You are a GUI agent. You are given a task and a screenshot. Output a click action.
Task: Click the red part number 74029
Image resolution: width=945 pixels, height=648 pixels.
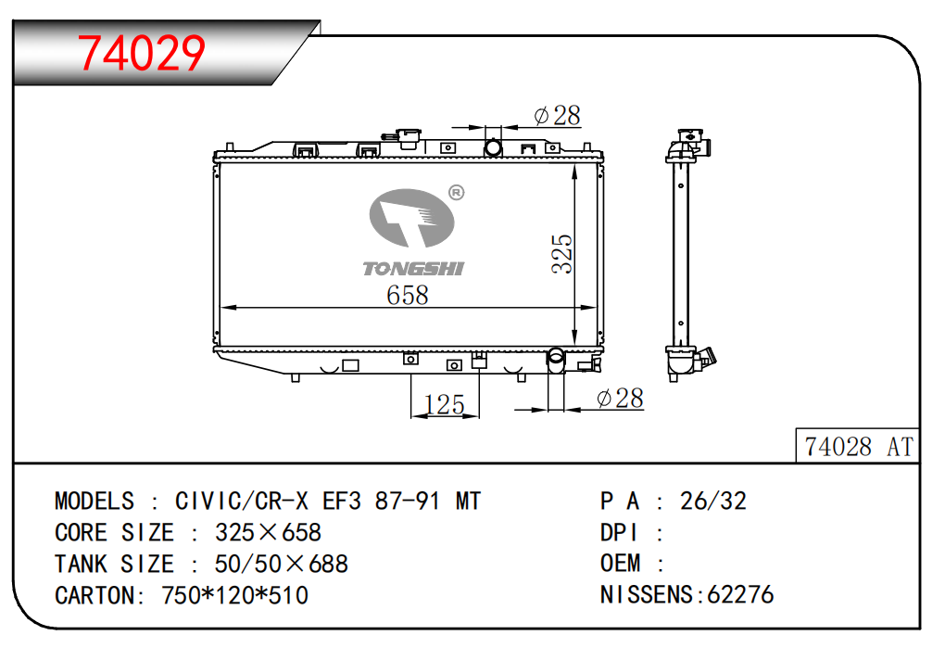[x=142, y=53]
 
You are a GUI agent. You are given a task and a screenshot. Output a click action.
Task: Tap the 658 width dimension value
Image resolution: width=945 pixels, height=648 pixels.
[x=408, y=295]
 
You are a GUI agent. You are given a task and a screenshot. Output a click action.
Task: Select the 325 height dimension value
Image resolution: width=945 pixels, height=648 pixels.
[x=561, y=254]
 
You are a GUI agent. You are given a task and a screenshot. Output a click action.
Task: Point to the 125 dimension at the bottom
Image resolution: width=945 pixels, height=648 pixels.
[x=444, y=404]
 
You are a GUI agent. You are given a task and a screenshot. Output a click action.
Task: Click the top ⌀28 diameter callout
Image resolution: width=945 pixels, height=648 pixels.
[x=558, y=115]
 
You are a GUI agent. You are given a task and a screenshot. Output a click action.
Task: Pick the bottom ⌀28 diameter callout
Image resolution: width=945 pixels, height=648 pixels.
[x=620, y=398]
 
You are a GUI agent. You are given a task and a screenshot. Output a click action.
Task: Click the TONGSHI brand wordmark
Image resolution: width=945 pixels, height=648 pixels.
[x=413, y=269]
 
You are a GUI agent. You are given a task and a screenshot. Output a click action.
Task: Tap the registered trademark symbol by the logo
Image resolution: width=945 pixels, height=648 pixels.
[x=457, y=192]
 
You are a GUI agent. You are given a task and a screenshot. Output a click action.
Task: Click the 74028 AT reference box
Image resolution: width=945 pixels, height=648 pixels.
[x=857, y=446]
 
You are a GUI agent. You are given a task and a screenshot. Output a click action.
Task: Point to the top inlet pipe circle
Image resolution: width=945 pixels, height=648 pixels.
[x=493, y=147]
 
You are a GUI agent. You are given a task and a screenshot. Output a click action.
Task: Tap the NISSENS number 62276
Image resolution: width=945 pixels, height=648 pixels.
[x=740, y=595]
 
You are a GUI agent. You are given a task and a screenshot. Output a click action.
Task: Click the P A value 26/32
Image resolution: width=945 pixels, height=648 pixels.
[x=713, y=501]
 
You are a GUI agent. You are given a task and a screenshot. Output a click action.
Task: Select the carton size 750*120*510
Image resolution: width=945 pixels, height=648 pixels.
[x=235, y=595]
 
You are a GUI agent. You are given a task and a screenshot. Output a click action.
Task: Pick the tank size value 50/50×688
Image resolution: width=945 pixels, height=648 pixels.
[x=282, y=565]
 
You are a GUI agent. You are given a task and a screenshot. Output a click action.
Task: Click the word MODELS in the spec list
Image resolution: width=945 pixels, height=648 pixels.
[x=94, y=502]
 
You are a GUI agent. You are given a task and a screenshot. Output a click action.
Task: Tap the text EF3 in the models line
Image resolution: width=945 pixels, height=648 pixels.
[x=342, y=502]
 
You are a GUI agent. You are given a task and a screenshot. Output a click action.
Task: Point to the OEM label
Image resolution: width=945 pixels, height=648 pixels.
[x=620, y=564]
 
